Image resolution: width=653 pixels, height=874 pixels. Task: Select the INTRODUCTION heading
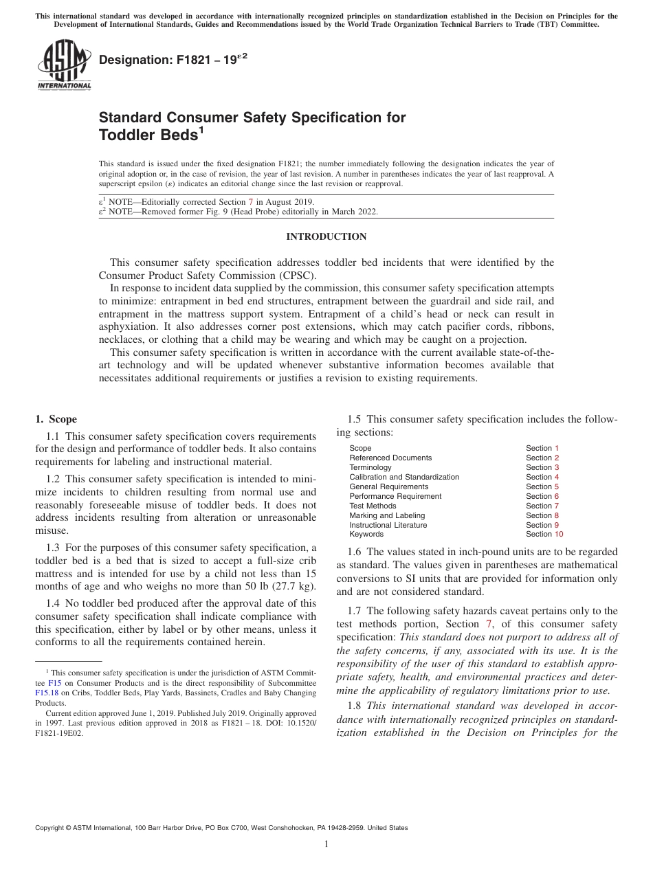326,236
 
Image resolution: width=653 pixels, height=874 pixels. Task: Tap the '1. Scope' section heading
56,419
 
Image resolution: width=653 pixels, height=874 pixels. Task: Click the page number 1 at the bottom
326,844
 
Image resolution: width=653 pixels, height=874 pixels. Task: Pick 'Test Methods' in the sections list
373,506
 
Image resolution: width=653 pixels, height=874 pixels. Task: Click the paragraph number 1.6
355,552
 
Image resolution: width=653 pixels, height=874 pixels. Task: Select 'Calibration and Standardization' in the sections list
404,477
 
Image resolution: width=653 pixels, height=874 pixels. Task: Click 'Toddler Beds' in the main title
148,135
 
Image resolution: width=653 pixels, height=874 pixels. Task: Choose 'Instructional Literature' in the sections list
388,525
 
